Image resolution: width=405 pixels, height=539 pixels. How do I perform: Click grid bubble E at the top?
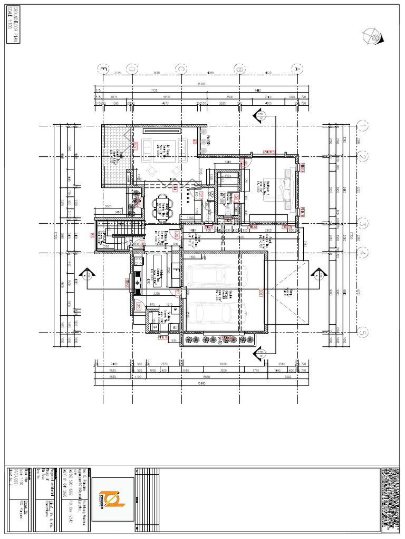coord(103,68)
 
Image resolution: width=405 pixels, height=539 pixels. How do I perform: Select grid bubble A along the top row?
coord(297,68)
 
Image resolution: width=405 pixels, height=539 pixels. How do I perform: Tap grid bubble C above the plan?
coord(181,68)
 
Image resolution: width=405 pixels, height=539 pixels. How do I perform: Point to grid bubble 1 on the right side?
coord(363,126)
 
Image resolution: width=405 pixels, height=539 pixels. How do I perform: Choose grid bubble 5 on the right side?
coord(363,333)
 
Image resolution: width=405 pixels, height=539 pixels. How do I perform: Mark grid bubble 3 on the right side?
coord(363,223)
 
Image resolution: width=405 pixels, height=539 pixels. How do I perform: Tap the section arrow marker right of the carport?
coord(317,274)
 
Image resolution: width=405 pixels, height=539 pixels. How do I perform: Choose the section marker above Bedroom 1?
coord(259,116)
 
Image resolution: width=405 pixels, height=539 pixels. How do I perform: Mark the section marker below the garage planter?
coord(259,354)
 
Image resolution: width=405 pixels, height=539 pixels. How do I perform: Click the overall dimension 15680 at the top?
coord(201,84)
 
